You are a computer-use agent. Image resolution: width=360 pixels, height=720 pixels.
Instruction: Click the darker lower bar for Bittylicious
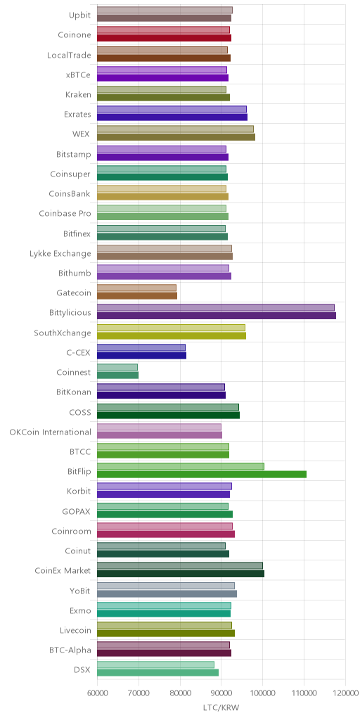coord(217,316)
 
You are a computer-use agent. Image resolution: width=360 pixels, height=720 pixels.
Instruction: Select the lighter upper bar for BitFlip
coord(181,467)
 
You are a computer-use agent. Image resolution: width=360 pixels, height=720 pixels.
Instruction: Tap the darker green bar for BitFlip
coord(202,475)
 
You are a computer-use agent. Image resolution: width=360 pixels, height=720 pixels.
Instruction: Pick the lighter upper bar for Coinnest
coord(117,367)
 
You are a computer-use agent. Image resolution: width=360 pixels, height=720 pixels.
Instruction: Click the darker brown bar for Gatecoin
coord(137,296)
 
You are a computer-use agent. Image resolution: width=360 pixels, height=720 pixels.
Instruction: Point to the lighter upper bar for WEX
coord(175,129)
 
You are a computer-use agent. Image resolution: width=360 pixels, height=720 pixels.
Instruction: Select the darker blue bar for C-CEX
coord(141,355)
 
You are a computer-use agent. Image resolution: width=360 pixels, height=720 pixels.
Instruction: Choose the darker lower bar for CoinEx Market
coord(181,574)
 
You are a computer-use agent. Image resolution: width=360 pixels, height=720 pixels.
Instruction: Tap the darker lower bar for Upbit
coord(164,18)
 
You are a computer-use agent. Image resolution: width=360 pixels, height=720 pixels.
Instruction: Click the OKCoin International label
coord(50,432)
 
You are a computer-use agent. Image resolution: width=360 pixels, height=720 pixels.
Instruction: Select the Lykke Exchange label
coord(60,253)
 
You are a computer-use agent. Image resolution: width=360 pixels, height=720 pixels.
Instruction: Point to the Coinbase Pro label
coord(65,214)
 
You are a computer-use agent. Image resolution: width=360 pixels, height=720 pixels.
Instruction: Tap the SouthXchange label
coord(63,333)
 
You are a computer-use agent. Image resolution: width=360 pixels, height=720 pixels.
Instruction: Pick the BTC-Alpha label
coord(70,650)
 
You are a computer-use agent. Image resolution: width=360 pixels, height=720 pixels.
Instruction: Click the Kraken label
coord(78,95)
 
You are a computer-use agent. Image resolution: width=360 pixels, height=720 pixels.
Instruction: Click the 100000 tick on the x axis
coord(263,692)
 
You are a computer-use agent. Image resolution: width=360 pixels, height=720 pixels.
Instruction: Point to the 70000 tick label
coord(139,692)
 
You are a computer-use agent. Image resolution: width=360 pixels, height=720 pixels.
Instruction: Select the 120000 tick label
coord(345,692)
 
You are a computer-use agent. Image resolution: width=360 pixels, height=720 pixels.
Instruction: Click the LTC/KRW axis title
coord(221,707)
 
